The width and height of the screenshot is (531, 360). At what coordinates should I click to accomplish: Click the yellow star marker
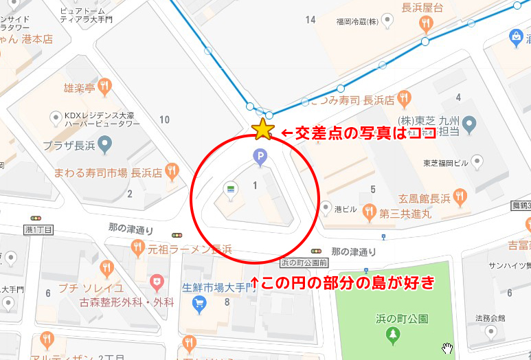[x=262, y=129]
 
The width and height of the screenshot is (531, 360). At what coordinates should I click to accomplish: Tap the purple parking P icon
[x=260, y=157]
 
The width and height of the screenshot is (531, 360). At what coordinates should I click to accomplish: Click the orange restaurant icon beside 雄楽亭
[x=104, y=87]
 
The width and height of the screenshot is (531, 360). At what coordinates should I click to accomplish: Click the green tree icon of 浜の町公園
[x=393, y=335]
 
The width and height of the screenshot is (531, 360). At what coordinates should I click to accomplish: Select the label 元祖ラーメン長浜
[x=190, y=248]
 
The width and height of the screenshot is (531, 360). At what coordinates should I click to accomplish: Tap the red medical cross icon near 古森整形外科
[x=157, y=282]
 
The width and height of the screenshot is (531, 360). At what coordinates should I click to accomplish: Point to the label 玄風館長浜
[x=420, y=199]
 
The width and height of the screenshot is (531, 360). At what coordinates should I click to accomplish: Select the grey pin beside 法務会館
[x=490, y=332]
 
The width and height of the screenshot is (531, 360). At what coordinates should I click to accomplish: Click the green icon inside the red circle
[x=231, y=186]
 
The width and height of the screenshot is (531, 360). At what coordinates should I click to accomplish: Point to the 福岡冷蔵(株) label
[x=358, y=21]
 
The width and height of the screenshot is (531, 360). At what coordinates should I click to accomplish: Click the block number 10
[x=164, y=120]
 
